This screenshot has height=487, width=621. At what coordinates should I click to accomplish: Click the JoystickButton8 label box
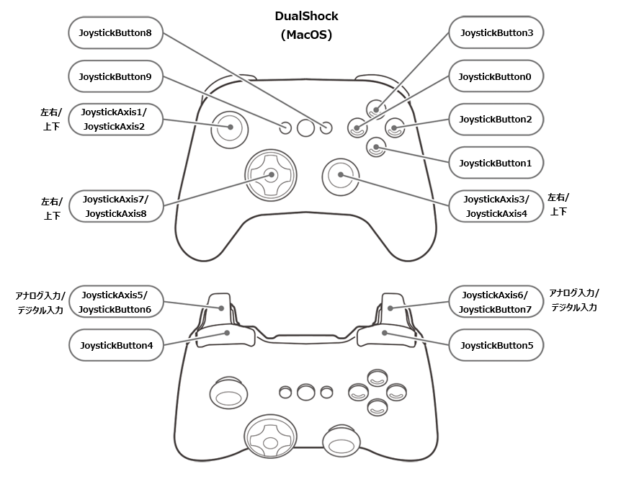click(115, 32)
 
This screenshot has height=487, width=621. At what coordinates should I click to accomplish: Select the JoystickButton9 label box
click(115, 76)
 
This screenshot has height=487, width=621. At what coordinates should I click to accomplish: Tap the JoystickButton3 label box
click(496, 32)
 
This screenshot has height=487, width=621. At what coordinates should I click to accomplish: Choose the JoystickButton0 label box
click(496, 76)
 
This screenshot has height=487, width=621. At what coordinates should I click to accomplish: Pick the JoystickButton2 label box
click(496, 119)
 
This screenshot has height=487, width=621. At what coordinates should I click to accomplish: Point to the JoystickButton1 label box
click(496, 163)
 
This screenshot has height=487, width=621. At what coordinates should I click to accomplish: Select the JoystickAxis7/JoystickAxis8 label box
click(115, 206)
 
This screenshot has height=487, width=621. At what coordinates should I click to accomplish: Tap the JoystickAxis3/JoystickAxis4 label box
click(496, 206)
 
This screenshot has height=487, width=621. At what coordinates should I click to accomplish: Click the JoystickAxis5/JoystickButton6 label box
click(115, 303)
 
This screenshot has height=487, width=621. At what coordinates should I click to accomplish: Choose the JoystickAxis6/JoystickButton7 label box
click(496, 303)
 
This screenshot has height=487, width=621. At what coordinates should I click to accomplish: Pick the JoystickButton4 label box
click(115, 346)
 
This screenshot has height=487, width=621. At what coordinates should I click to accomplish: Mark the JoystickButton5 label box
click(496, 346)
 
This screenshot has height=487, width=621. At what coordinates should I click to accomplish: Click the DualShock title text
click(306, 16)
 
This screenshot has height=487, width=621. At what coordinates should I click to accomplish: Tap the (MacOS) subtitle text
click(306, 35)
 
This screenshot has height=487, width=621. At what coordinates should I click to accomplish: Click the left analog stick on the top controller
click(230, 127)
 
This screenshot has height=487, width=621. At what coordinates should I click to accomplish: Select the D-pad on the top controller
click(270, 174)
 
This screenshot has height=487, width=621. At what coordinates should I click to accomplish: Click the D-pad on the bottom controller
click(268, 437)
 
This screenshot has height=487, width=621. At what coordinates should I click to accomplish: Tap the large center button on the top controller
click(306, 128)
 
